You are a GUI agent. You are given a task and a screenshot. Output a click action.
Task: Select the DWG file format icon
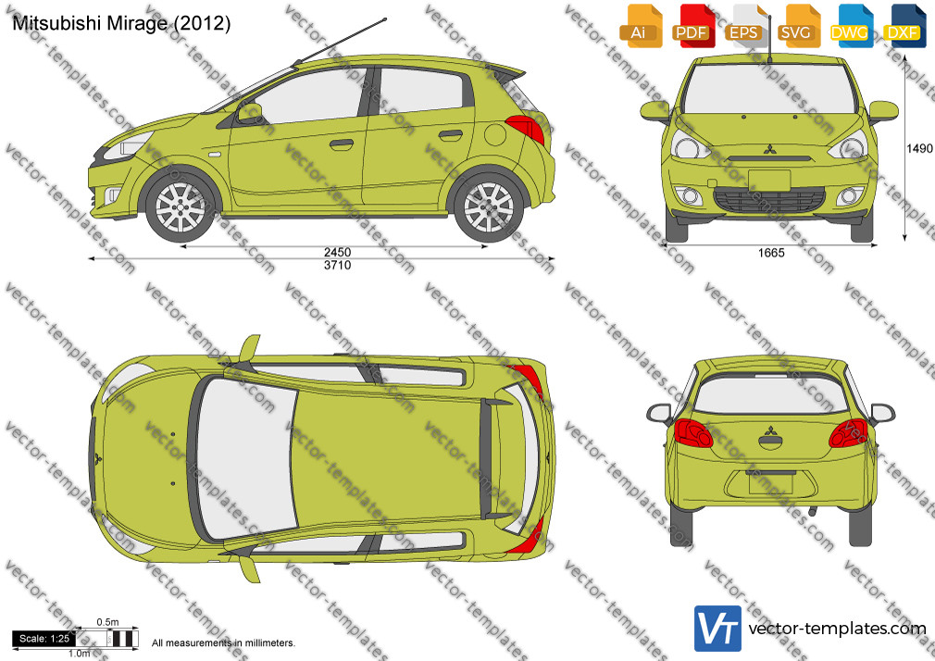point(850,26)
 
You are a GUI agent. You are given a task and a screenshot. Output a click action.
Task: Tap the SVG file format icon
point(797,26)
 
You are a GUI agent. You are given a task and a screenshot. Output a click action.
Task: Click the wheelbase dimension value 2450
point(338,253)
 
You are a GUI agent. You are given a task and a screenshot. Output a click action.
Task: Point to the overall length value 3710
point(338,266)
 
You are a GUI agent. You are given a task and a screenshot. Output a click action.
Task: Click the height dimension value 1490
point(919,148)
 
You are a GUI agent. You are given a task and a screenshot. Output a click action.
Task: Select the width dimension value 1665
point(771,253)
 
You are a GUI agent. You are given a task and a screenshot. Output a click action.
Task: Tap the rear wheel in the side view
point(489,207)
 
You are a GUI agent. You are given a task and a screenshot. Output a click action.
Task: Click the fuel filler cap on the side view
point(495,134)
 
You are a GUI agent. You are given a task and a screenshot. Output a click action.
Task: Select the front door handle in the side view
point(341,143)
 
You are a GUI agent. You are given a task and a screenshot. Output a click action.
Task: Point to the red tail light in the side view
point(526,130)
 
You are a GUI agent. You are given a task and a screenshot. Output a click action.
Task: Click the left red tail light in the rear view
point(692,433)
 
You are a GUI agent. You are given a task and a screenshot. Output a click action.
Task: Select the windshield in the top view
point(244,459)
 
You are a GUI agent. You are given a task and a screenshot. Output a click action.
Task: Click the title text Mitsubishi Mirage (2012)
point(121,23)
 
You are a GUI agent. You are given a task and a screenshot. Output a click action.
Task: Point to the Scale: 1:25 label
point(44,639)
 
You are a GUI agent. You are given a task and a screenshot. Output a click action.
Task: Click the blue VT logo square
point(717,629)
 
